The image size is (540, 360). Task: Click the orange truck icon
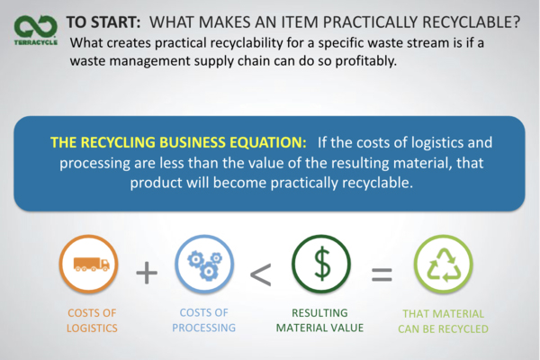pyautogui.click(x=91, y=265)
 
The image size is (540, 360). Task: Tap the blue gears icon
pyautogui.click(x=204, y=265)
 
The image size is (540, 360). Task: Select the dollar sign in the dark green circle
pyautogui.click(x=322, y=264)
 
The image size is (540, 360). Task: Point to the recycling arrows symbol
pyautogui.click(x=444, y=265)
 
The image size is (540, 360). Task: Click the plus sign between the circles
pyautogui.click(x=147, y=273)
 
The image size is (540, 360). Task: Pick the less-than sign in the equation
pyautogui.click(x=261, y=274)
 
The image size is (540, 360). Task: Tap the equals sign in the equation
pyautogui.click(x=382, y=274)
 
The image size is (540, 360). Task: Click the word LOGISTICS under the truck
pyautogui.click(x=92, y=328)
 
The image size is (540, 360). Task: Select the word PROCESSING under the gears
pyautogui.click(x=204, y=328)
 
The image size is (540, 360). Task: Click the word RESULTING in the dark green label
pyautogui.click(x=319, y=313)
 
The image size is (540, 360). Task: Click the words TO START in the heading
pyautogui.click(x=103, y=22)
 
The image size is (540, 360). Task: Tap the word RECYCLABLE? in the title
pyautogui.click(x=472, y=22)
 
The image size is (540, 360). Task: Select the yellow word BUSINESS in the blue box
pyautogui.click(x=192, y=142)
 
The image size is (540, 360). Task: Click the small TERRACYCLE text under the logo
pyautogui.click(x=36, y=42)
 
